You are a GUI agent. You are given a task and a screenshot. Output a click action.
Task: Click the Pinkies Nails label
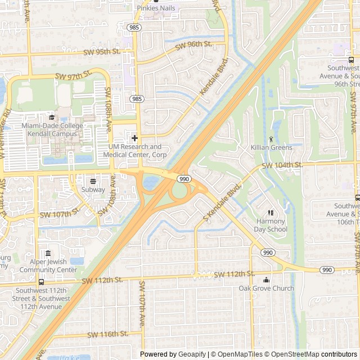coord(156,8)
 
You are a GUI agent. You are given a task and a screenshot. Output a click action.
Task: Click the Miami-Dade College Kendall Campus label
coord(52,129)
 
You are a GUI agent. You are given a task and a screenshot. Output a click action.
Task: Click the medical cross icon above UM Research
coord(135,138)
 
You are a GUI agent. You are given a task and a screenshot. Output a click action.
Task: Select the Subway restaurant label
coord(93,190)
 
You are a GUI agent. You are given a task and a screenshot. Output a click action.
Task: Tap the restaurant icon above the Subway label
coord(93,181)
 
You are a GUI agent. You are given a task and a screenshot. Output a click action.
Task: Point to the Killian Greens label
coord(272,147)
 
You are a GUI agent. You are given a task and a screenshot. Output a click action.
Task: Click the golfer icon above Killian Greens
coord(272,138)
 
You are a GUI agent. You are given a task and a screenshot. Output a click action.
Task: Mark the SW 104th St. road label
coord(282,165)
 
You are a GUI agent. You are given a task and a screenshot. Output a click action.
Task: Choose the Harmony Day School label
coord(271,225)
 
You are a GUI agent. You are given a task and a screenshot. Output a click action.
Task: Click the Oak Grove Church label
coord(266,288)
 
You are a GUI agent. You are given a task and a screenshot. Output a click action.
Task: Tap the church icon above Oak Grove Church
coord(266,280)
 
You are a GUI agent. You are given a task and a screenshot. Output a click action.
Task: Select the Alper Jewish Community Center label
coord(48,265)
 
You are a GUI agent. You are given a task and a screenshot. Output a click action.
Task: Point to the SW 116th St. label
coord(107,334)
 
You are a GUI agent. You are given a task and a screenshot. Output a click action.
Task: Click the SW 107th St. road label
coord(58,214)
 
